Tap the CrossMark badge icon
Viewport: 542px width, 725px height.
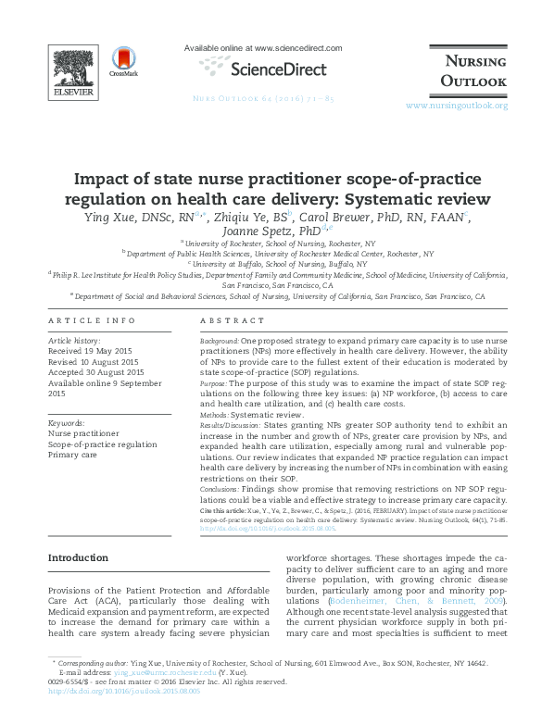pyautogui.click(x=122, y=60)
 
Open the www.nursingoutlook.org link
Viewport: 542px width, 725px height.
pyautogui.click(x=457, y=106)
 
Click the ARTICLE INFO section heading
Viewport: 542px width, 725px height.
pyautogui.click(x=91, y=321)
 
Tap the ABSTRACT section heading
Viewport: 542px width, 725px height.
pyautogui.click(x=226, y=321)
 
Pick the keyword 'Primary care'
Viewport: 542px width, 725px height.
pyautogui.click(x=73, y=456)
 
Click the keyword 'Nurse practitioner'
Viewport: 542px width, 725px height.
pyautogui.click(x=83, y=433)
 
